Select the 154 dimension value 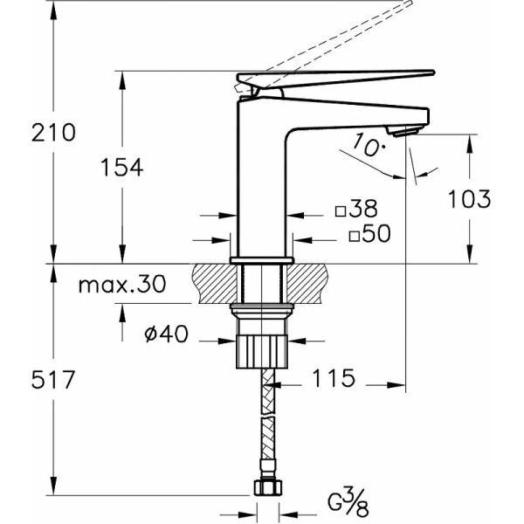pyautogui.click(x=121, y=168)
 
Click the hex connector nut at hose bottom pyautogui.click(x=268, y=488)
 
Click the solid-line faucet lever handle pyautogui.click(x=349, y=76)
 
